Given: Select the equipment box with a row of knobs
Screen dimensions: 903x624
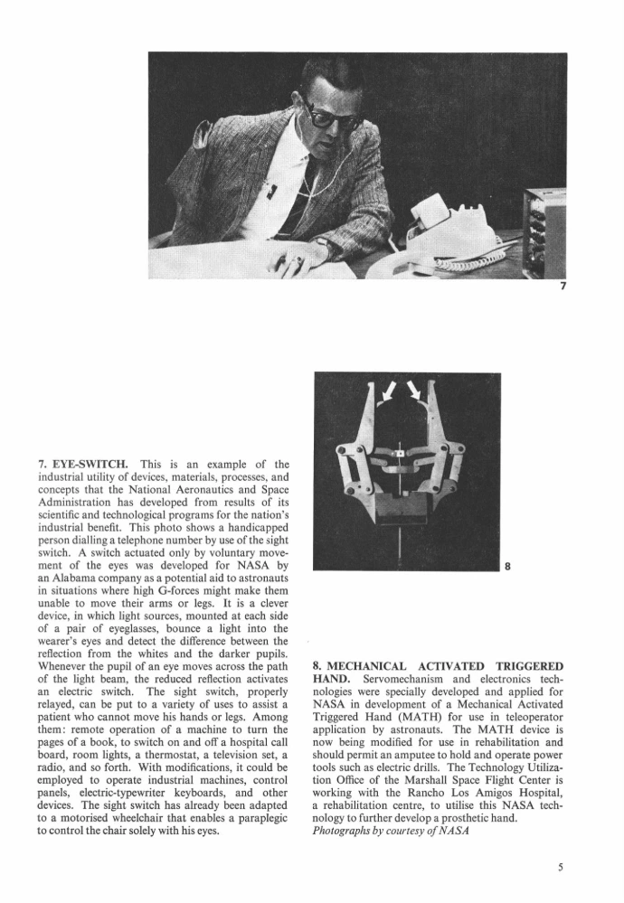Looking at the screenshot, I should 546,233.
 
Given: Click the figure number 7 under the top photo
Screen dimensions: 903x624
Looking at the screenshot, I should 563,287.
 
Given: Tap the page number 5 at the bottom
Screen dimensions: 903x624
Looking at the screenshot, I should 561,866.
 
